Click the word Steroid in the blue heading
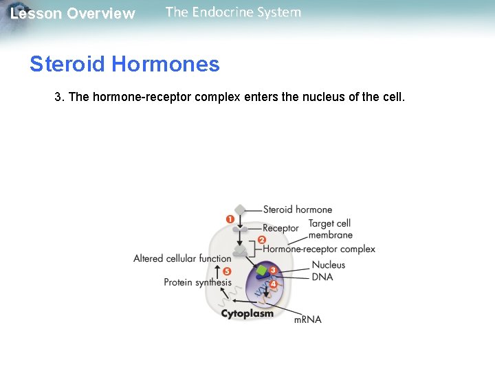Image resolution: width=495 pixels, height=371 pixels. (x=67, y=65)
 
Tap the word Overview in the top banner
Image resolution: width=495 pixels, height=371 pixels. (x=101, y=14)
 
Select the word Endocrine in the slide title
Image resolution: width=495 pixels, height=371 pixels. (x=226, y=12)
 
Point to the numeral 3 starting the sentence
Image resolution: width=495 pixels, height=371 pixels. (x=58, y=97)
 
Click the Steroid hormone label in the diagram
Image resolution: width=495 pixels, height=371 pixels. (x=297, y=210)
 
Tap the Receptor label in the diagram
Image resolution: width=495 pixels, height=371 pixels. (x=280, y=228)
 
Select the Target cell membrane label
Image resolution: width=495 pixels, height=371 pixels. (x=330, y=229)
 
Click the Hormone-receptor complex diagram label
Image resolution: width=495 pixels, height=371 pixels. (x=319, y=249)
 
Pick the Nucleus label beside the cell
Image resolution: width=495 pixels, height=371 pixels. (x=329, y=265)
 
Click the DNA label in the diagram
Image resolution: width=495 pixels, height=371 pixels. (x=322, y=277)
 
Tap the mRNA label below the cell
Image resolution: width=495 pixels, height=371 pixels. (x=308, y=319)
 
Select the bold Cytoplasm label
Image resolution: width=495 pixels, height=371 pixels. (x=247, y=313)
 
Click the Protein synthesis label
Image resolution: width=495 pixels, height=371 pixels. (x=197, y=282)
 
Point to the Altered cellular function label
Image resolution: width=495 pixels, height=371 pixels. (x=182, y=258)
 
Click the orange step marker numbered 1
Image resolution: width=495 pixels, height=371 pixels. (x=230, y=219)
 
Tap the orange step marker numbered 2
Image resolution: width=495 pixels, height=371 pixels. (x=261, y=240)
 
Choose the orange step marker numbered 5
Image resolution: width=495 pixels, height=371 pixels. (x=227, y=271)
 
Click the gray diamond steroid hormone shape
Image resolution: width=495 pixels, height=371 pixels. (x=239, y=210)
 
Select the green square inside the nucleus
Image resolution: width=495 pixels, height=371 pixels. (x=261, y=271)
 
